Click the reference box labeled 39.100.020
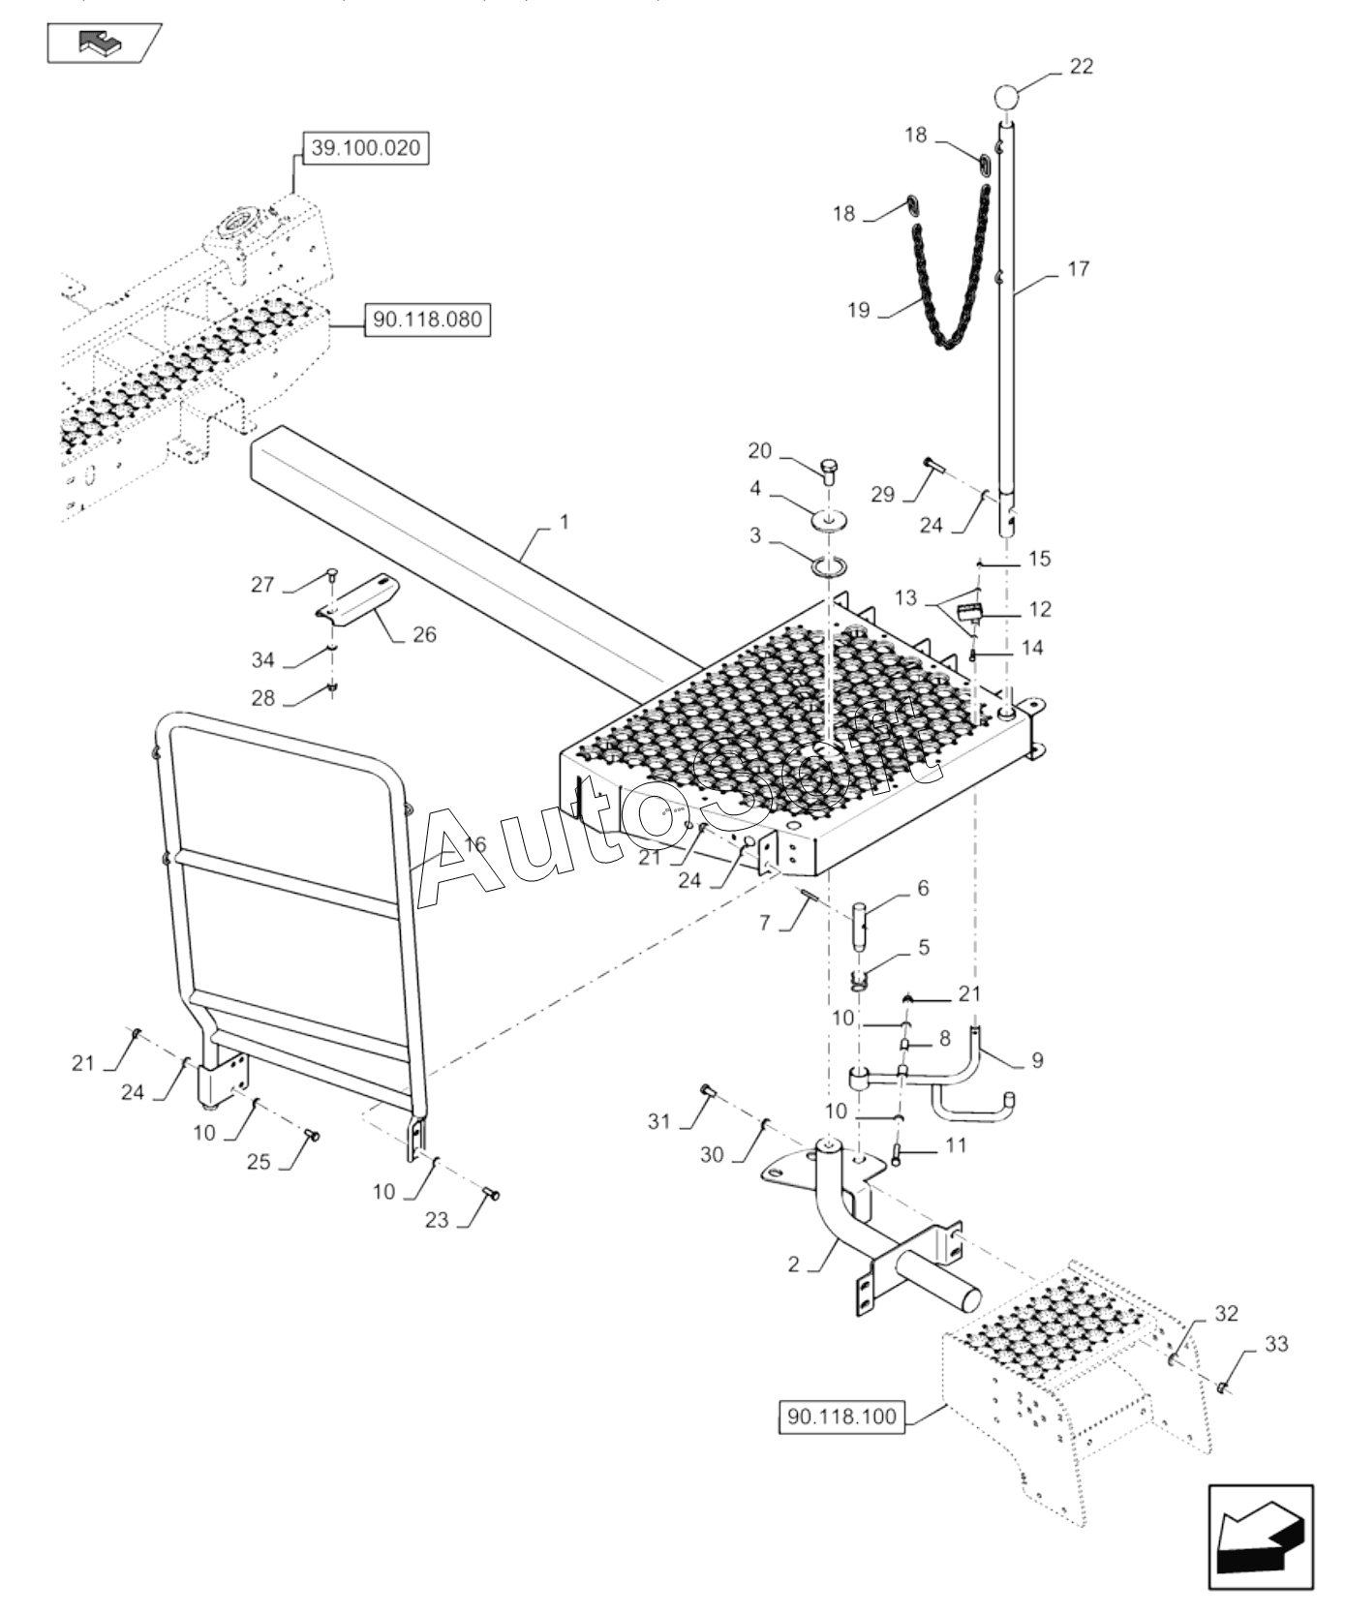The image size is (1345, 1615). (x=364, y=148)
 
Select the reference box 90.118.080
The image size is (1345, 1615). (x=427, y=320)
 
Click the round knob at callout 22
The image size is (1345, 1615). (x=1006, y=98)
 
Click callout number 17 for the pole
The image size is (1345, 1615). (x=1079, y=269)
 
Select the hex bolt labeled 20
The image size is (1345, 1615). (x=830, y=472)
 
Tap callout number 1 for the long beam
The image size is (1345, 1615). (x=564, y=523)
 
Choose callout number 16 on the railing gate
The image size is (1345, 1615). (x=474, y=845)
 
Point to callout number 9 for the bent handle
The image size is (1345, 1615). (x=1036, y=1060)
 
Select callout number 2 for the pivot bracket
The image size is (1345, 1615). (x=793, y=1265)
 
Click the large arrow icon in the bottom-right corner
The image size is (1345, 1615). (x=1260, y=1539)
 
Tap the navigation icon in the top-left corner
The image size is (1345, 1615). (x=104, y=43)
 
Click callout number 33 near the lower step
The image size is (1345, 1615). (x=1276, y=1344)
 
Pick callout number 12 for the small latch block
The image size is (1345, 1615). (x=1039, y=609)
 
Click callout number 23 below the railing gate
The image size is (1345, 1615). (x=437, y=1220)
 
